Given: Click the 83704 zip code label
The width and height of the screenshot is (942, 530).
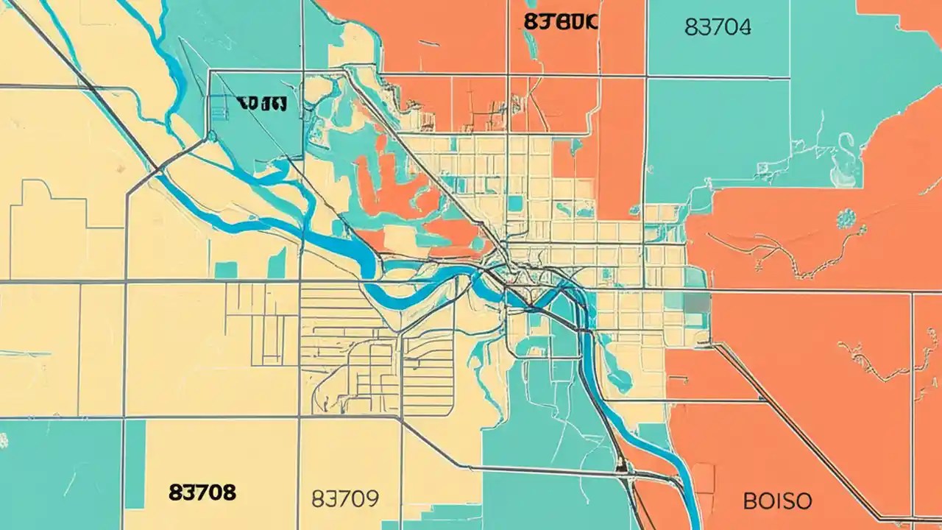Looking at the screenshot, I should pyautogui.click(x=718, y=27).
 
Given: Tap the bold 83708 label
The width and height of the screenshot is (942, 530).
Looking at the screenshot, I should pyautogui.click(x=202, y=491).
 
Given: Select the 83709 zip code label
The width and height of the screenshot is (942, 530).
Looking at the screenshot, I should pyautogui.click(x=345, y=499).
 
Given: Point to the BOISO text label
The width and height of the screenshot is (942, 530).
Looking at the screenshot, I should pyautogui.click(x=777, y=502).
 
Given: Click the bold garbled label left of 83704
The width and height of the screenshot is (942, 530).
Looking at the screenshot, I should pyautogui.click(x=561, y=21).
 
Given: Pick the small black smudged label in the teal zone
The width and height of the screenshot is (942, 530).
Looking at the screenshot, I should pyautogui.click(x=261, y=105).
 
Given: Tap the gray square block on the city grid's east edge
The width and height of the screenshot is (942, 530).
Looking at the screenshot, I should pyautogui.click(x=697, y=303).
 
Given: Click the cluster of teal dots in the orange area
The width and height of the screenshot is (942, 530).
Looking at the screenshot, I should pyautogui.click(x=846, y=218).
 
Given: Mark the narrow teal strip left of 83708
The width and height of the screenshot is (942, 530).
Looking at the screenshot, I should pyautogui.click(x=135, y=464).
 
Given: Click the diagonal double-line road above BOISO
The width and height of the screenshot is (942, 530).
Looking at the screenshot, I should pyautogui.click(x=810, y=427).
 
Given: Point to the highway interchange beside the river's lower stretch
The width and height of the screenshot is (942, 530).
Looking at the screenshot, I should pyautogui.click(x=624, y=467).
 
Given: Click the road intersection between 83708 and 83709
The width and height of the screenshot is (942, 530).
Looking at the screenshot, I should pyautogui.click(x=298, y=418).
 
